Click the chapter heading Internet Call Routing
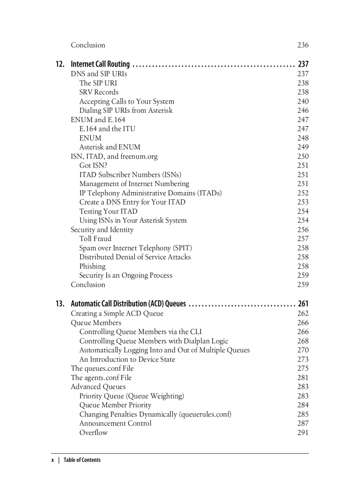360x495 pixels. (100, 64)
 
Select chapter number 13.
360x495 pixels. (60, 304)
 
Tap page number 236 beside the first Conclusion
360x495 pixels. (303, 45)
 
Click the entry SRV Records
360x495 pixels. (99, 92)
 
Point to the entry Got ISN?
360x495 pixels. (93, 165)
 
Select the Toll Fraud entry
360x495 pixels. (95, 238)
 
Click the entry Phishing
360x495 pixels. (92, 266)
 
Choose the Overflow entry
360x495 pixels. (93, 432)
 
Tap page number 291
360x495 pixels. (303, 432)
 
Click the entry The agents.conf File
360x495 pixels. (101, 377)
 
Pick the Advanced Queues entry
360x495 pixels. (98, 387)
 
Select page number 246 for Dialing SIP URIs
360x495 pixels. (303, 111)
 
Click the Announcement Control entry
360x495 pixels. (115, 423)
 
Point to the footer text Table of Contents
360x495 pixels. (82, 460)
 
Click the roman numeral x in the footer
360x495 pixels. (52, 460)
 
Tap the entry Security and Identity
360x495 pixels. (102, 230)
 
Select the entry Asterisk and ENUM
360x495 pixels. (110, 147)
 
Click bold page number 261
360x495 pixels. (303, 304)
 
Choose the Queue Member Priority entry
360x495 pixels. (115, 405)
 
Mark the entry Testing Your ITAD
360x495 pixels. (108, 211)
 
